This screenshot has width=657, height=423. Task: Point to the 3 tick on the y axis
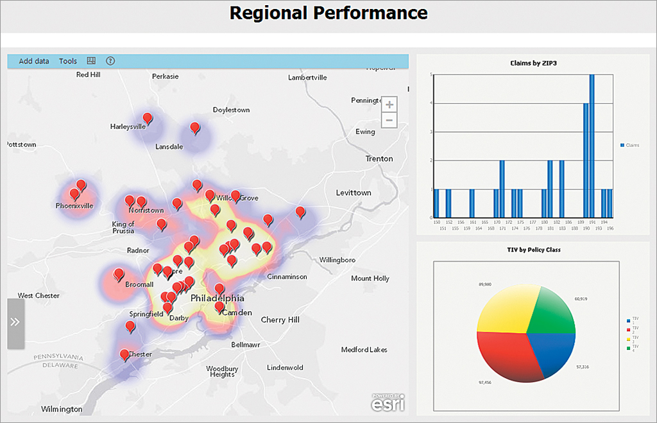click(431, 132)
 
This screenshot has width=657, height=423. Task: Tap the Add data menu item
click(34, 62)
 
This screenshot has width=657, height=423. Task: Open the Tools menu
click(68, 62)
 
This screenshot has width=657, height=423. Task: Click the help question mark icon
click(110, 61)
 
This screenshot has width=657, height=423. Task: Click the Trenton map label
click(379, 159)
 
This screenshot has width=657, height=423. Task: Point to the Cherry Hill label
click(280, 320)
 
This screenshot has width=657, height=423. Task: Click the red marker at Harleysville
click(148, 117)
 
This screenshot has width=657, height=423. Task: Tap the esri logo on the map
click(388, 404)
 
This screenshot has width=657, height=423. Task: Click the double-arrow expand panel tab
click(15, 322)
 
